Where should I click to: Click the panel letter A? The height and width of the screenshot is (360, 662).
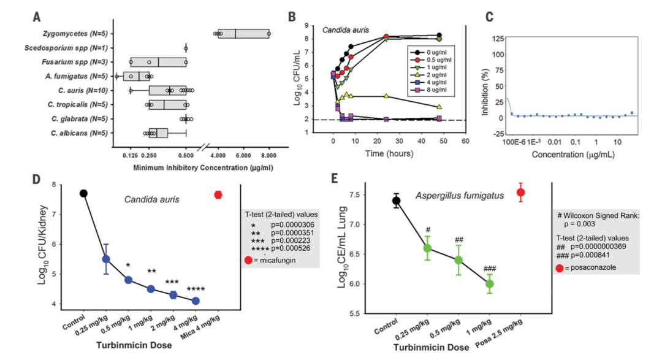tap(37, 17)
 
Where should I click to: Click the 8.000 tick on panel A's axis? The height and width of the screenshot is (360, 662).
tap(269, 156)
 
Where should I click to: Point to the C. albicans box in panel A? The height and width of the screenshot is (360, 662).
tap(158, 133)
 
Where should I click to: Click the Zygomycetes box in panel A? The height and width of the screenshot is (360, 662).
tap(243, 34)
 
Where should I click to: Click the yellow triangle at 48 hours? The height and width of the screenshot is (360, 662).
tap(439, 107)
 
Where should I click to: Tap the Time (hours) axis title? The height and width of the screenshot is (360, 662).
tap(389, 153)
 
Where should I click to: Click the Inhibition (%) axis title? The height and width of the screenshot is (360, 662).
tap(485, 92)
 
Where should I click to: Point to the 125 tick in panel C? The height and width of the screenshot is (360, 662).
tap(498, 39)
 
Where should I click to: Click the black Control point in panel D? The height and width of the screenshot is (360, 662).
tap(83, 194)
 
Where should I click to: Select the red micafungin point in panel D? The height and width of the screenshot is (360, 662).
tap(218, 195)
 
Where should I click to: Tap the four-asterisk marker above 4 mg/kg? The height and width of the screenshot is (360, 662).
tap(196, 289)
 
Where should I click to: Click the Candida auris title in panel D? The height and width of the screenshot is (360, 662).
tap(151, 199)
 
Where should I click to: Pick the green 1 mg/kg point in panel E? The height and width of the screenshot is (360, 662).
tap(489, 284)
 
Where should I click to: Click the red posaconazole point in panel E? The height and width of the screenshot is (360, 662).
tap(520, 193)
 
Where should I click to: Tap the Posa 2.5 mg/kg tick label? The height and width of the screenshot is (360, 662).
tap(499, 333)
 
